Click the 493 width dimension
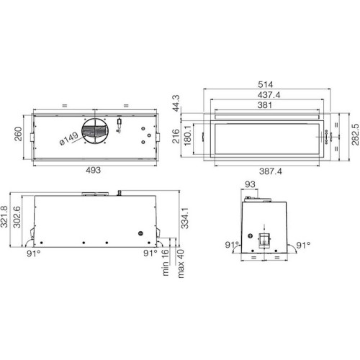[94, 170]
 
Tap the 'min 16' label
[165, 264]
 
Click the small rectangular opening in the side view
[264, 240]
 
